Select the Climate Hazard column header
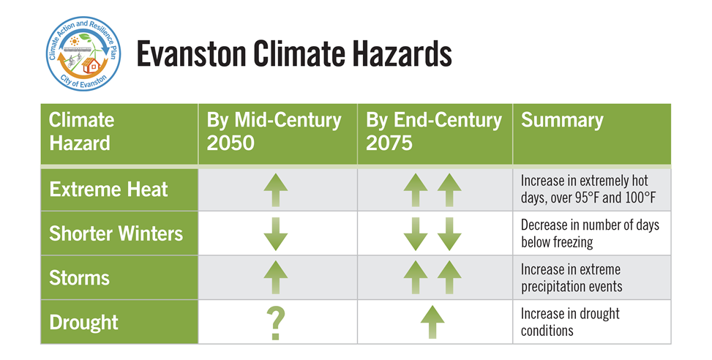(x=82, y=131)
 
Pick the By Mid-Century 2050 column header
(x=274, y=131)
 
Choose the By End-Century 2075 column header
(x=434, y=131)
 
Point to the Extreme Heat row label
(x=108, y=190)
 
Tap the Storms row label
(x=79, y=277)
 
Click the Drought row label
(x=83, y=321)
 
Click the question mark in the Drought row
(x=276, y=322)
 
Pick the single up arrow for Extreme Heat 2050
(x=276, y=190)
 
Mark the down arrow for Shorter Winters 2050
(x=276, y=234)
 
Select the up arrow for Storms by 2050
(x=276, y=277)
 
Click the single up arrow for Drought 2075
(x=433, y=322)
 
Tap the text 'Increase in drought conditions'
(x=570, y=322)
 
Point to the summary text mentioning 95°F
(x=584, y=189)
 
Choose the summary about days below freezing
(x=589, y=233)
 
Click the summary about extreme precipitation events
(x=572, y=278)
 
